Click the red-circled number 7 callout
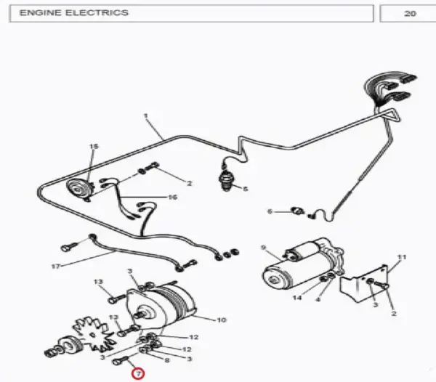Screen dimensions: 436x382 coord(138,374)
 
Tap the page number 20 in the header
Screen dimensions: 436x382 coord(410,14)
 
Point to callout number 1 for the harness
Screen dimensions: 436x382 coord(146,115)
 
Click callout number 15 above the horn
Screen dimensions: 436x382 coord(94,147)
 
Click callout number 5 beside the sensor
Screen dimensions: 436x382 coord(245,190)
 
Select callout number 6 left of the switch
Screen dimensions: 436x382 coord(270,211)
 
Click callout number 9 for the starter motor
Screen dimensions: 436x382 coord(264,247)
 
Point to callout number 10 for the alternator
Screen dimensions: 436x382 coord(222,320)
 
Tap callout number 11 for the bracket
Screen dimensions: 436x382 coord(402,257)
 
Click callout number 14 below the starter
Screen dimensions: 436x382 coord(297,298)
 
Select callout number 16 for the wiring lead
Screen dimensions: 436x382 coord(173,198)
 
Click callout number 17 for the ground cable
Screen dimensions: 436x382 coord(56,267)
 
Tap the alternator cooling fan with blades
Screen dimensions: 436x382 coord(94,335)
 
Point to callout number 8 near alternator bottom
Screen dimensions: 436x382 coord(167,360)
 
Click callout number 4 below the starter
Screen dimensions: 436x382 coord(318,299)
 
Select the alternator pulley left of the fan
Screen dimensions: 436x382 coord(70,345)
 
